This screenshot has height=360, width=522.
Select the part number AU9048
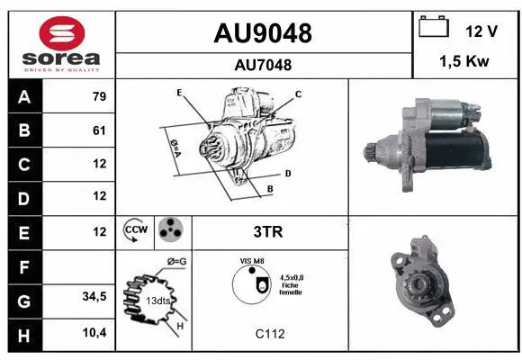point(263,33)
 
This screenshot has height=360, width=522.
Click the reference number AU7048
point(263,65)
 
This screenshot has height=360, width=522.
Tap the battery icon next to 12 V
point(435,28)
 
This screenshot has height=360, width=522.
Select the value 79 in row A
point(99,97)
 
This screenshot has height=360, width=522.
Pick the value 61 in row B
point(99,130)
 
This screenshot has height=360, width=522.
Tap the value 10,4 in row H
point(94,334)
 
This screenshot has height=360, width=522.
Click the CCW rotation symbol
point(135,231)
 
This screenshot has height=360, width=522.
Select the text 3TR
point(268,231)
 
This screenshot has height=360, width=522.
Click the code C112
point(269,334)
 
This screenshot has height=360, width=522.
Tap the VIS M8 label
point(251,261)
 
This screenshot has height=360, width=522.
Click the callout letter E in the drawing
point(180,93)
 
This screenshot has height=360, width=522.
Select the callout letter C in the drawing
point(298,94)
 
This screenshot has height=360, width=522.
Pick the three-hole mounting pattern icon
point(170,231)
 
